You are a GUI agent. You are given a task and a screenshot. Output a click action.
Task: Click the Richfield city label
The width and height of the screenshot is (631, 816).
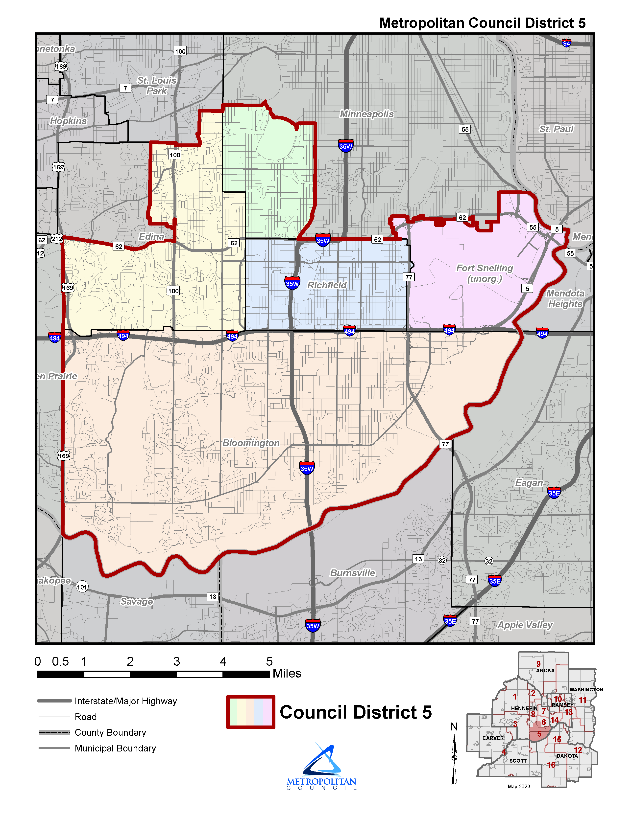pos(327,285)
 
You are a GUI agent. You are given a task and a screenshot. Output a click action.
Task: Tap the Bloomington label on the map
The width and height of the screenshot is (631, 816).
pos(251,443)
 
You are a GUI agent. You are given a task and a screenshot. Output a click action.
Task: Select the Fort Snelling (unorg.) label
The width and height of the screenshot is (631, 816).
pos(485,273)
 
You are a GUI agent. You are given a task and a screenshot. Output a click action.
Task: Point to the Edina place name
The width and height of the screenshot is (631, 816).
pos(151,236)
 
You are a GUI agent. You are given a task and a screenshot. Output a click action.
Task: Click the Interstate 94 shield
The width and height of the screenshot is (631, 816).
pos(566,43)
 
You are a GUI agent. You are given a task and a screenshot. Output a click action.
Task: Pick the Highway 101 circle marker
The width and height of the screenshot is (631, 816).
pos(82,587)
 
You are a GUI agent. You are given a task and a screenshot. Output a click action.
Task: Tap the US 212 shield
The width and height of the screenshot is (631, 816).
pos(57,239)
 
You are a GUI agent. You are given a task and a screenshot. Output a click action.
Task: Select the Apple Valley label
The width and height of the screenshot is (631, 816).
pos(525,625)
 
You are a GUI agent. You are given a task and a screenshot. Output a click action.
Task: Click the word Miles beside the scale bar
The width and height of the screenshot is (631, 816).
pos(287,673)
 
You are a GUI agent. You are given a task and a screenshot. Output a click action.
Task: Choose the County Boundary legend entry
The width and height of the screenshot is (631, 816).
pos(110,732)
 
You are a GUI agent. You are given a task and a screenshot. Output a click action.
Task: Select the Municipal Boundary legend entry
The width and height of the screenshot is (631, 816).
pos(115,748)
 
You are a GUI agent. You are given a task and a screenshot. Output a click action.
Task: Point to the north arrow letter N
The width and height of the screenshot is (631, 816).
pos(454,727)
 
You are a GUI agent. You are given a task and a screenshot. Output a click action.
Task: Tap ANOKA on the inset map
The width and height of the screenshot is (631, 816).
pos(545,671)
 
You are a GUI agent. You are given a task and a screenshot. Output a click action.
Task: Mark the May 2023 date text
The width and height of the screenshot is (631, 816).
pos(519,787)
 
